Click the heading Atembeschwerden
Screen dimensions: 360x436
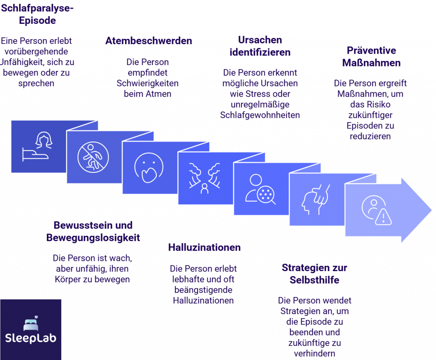tap(149, 41)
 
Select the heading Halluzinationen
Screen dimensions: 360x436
tap(204, 247)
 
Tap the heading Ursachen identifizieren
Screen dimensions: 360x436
tap(260, 46)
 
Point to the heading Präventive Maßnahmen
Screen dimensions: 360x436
tap(371, 57)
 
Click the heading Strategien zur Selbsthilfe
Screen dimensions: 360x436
tap(314, 274)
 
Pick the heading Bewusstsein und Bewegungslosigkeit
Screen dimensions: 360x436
tap(93, 231)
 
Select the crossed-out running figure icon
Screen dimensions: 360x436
tap(93, 157)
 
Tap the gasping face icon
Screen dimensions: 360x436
tap(149, 168)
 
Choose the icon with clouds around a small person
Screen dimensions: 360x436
tap(204, 179)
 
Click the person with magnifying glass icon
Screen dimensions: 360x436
tap(260, 189)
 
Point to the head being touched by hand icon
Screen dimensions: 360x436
tap(316, 200)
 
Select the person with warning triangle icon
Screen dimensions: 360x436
tap(376, 211)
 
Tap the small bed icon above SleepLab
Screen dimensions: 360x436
tap(30, 323)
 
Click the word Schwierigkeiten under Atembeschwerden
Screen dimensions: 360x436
tap(147, 83)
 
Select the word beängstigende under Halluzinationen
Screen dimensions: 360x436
tap(203, 290)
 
